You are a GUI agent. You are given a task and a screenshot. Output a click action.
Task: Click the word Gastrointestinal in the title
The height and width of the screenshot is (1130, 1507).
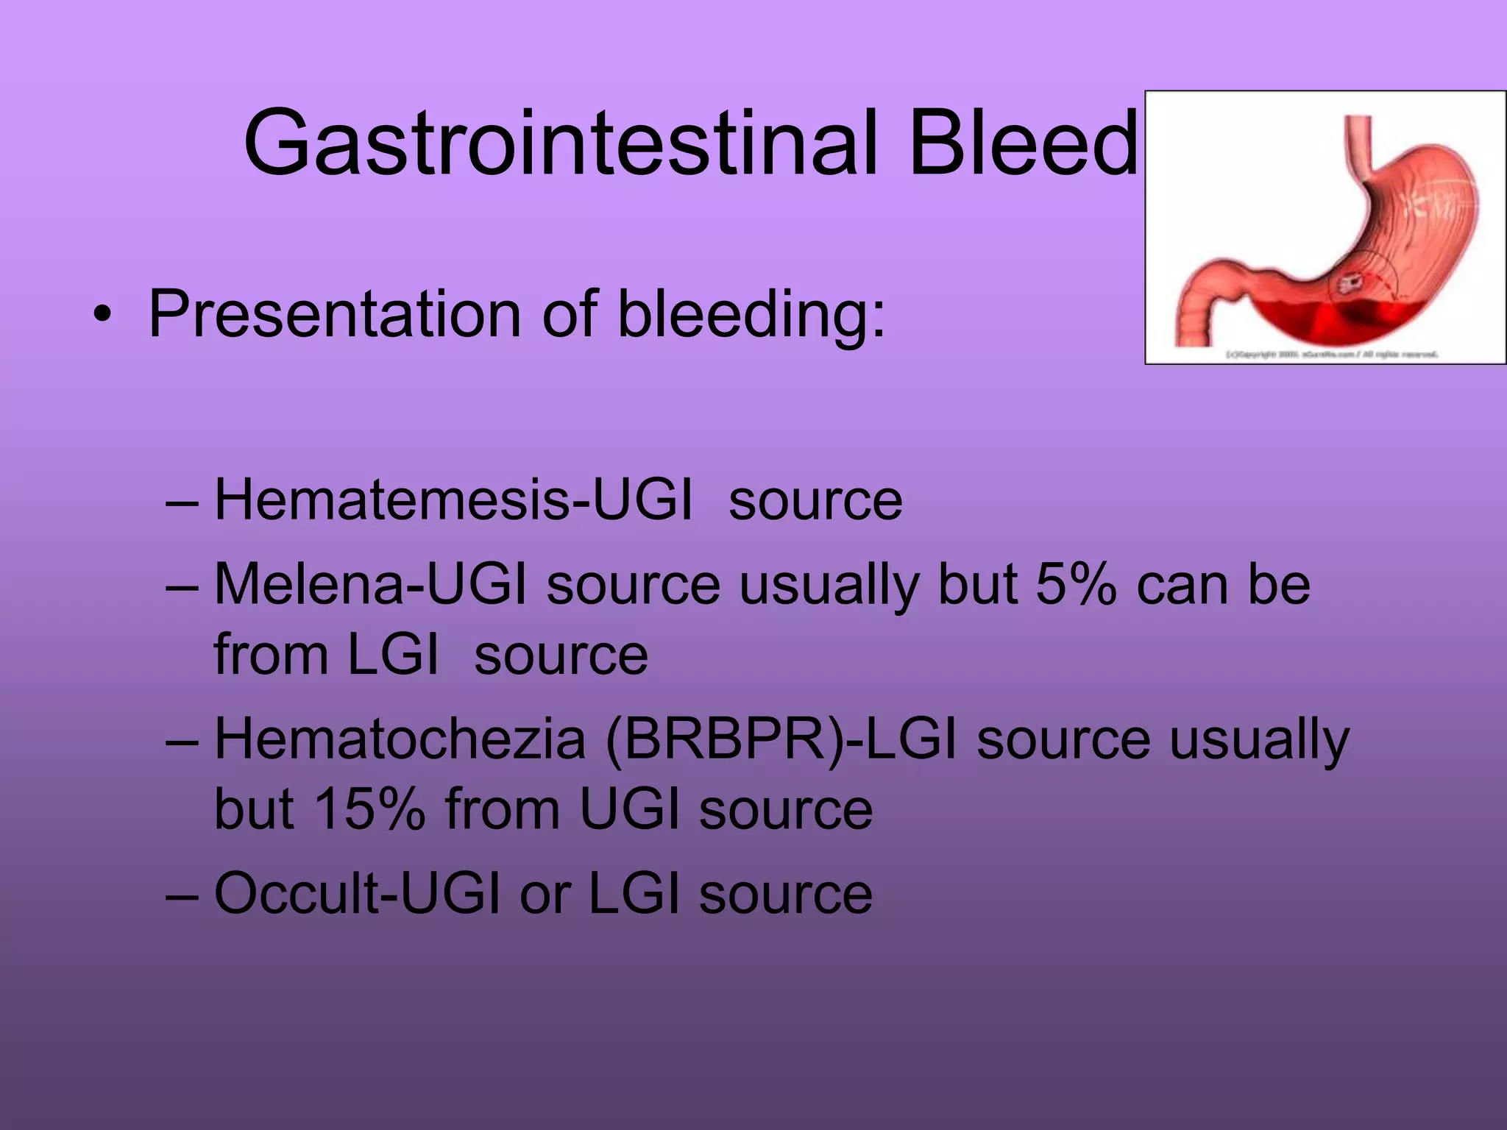pos(559,143)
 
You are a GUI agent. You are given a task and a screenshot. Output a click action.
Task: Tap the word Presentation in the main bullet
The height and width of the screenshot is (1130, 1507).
pos(336,315)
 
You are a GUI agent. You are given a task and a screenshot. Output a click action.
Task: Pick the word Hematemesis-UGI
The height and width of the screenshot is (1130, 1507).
pos(453,500)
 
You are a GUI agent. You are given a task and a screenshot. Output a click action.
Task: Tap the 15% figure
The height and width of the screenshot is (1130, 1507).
pos(370,810)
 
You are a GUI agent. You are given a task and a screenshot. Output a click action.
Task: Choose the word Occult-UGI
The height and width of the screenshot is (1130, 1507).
pos(358,894)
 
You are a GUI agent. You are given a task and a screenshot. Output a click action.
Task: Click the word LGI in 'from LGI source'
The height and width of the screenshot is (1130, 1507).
pos(392,655)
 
